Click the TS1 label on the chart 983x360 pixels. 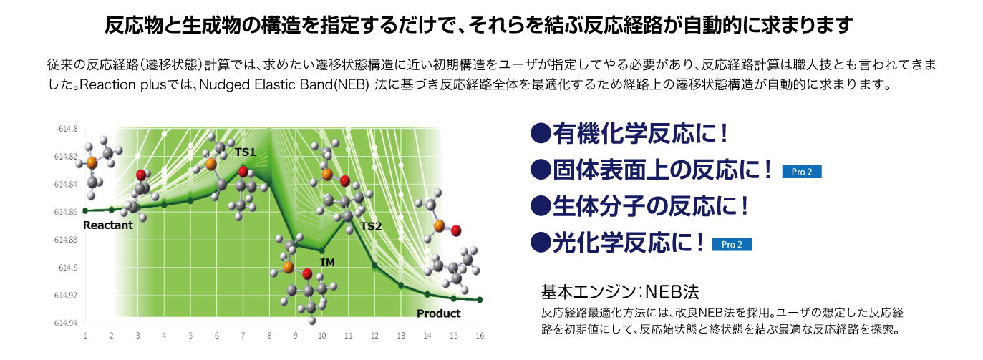pos(245,152)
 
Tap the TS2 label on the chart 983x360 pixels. pos(371,226)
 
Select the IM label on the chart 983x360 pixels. pos(327,262)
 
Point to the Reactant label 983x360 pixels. pos(107,225)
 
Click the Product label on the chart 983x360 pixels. pos(438,313)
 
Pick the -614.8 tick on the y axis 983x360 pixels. pos(67,129)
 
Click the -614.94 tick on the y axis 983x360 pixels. pos(65,323)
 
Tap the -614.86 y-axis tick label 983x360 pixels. pos(65,213)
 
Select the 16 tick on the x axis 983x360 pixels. pos(480,336)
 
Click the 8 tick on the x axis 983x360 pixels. pos(269,336)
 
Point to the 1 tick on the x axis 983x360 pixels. pos(85,336)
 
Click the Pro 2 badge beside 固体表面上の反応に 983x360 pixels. pos(802,172)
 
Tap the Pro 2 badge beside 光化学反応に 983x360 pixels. pos(732,244)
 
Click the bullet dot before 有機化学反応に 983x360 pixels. pos(541,133)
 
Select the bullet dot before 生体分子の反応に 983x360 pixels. pos(541,206)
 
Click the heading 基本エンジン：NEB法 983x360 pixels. pos(620,291)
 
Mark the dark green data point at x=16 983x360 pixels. pos(480,300)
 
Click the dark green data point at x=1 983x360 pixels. pos(85,211)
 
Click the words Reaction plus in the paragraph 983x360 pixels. pos(123,84)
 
